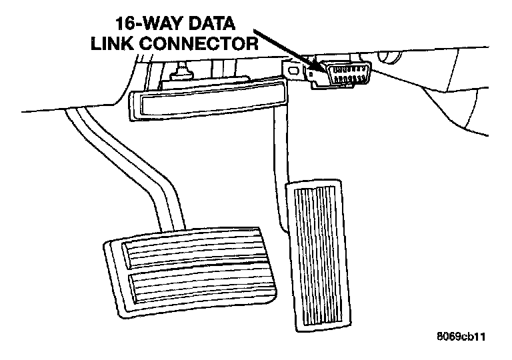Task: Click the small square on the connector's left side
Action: [x=321, y=74]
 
